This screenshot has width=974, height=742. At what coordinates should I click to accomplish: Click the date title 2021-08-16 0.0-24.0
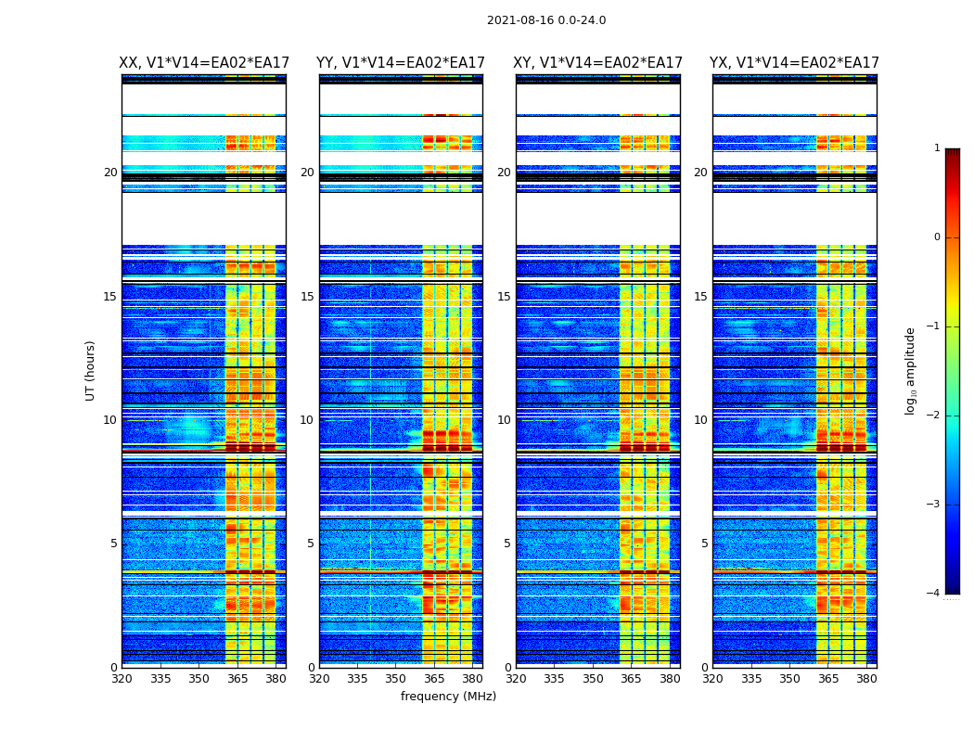[x=546, y=20]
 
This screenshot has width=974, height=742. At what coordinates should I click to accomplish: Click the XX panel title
[x=204, y=63]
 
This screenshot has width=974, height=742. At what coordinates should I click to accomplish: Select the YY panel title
[x=401, y=63]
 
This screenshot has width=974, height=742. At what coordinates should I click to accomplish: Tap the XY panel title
[x=597, y=63]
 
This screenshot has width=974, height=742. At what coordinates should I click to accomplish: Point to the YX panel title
[x=794, y=63]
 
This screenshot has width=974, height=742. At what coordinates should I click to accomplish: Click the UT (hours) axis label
[x=91, y=370]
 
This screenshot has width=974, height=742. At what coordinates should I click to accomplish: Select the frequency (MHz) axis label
[x=448, y=697]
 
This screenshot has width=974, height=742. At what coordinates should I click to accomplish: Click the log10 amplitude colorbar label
[x=911, y=370]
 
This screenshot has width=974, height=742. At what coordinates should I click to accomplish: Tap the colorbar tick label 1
[x=936, y=148]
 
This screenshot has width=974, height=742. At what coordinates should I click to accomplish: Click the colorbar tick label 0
[x=936, y=237]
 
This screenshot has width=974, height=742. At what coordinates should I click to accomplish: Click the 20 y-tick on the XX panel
[x=110, y=173]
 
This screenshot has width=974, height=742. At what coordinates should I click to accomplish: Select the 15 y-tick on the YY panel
[x=307, y=297]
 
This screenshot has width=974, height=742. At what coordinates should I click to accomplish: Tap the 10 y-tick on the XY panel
[x=504, y=420]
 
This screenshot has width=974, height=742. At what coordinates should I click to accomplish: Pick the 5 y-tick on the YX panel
[x=704, y=544]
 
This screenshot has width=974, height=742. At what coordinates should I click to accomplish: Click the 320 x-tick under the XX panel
[x=122, y=678]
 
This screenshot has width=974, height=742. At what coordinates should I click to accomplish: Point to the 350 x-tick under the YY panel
[x=396, y=678]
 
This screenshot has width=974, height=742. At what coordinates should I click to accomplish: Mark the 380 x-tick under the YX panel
[x=866, y=678]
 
